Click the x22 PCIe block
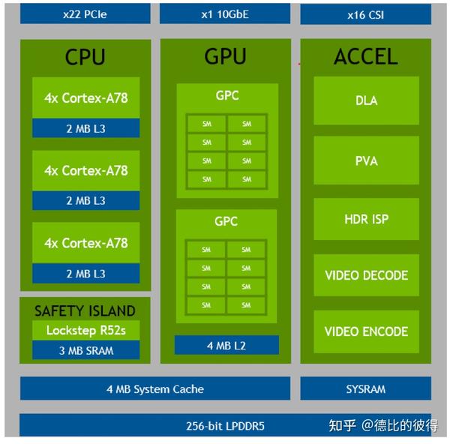[85, 13]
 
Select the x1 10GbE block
[225, 13]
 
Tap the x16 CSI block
[365, 13]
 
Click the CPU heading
[85, 57]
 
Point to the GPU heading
[225, 57]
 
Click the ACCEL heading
[365, 57]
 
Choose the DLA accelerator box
[366, 100]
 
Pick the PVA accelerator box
[366, 160]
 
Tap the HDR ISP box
[366, 219]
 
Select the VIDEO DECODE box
[366, 275]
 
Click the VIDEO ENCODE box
[366, 331]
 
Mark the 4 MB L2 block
[226, 346]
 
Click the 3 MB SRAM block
[85, 349]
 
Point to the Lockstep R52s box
[85, 331]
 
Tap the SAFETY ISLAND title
[85, 310]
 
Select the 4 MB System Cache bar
[154, 388]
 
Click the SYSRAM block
[365, 388]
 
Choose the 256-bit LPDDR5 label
[225, 426]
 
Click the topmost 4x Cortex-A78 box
[85, 97]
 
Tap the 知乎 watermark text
[342, 426]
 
